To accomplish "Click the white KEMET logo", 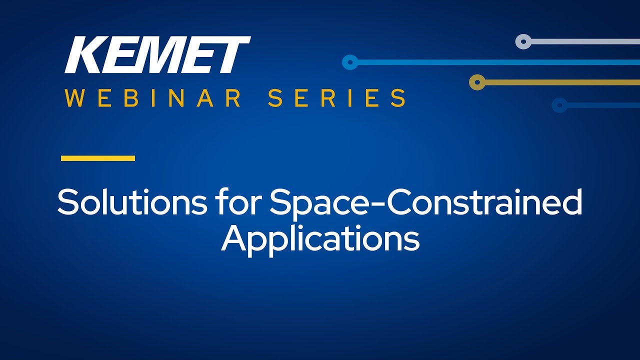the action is tap(157, 54).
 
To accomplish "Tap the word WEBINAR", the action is tap(153, 98).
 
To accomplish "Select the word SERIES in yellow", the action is tap(337, 98).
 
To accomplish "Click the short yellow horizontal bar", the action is tap(98, 158).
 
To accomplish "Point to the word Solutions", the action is tap(132, 201).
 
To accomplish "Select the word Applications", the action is tap(320, 239).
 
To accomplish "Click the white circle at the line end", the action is tap(523, 41).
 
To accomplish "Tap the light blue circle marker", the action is tap(350, 62).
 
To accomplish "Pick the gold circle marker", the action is tap(477, 82).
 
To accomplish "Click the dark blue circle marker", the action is tap(559, 105).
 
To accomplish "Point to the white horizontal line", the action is tap(585, 41).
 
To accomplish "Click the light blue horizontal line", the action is tap(499, 62).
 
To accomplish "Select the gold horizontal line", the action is tap(562, 82).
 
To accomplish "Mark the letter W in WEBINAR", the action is tap(74, 98).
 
